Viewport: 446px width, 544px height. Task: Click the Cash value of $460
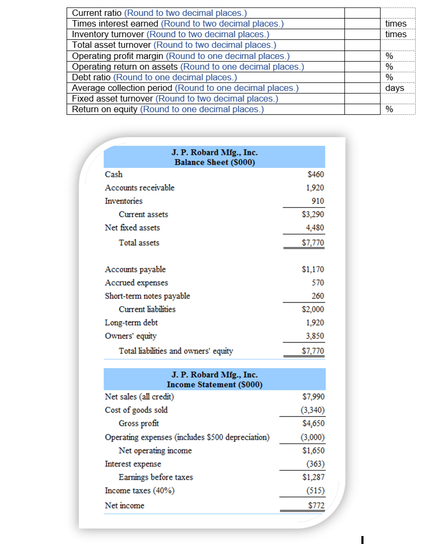coord(316,174)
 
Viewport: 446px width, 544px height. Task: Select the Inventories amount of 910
coord(317,201)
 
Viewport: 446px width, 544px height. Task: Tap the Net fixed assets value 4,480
coord(315,228)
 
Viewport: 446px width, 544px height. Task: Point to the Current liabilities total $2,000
coord(313,309)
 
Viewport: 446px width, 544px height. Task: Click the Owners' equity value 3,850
coord(315,336)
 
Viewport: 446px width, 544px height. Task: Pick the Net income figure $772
coord(316,505)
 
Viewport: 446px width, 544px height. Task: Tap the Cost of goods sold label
coord(136,410)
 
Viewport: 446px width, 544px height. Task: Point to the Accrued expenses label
coord(136,283)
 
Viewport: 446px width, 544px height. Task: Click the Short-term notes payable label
coord(147,296)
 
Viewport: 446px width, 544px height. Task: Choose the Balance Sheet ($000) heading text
coord(215,162)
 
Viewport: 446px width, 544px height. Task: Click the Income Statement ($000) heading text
coord(215,384)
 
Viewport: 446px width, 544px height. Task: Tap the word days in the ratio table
coord(394,88)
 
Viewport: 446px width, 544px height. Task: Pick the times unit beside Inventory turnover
coord(395,34)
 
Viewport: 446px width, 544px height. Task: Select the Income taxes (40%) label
coord(139,491)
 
